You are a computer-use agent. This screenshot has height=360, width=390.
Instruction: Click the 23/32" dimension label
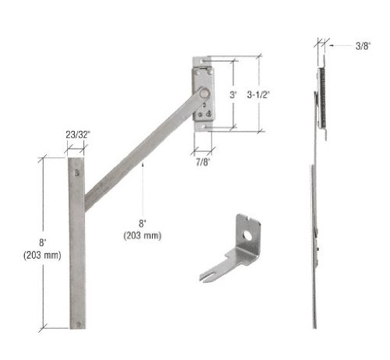(77, 135)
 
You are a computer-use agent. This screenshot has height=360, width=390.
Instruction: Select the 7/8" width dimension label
(203, 162)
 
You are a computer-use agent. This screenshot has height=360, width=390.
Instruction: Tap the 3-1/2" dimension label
(258, 95)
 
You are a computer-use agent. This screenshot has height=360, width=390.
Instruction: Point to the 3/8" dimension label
(363, 46)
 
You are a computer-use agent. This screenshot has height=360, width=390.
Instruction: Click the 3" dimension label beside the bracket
(233, 95)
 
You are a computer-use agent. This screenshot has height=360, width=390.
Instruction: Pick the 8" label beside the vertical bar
(43, 242)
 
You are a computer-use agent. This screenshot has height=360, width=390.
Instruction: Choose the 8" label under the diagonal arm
(142, 224)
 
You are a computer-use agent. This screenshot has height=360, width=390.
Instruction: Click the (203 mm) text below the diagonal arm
(142, 235)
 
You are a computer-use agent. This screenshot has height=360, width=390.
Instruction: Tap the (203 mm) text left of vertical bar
(42, 255)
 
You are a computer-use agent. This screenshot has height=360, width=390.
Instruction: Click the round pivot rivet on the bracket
(204, 94)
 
